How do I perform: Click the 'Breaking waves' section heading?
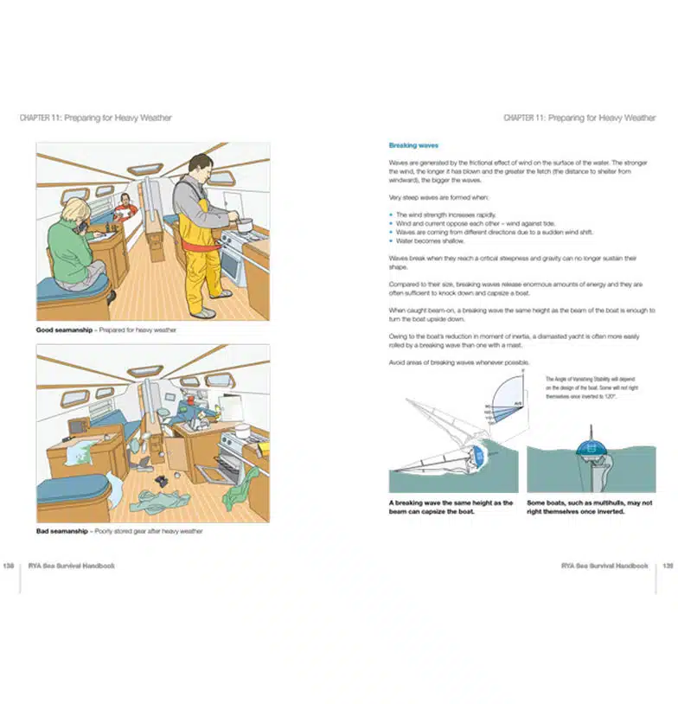(413, 146)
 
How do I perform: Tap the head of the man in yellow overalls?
(200, 165)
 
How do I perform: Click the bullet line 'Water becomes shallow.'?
(430, 241)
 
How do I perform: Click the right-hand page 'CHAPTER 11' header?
(579, 118)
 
